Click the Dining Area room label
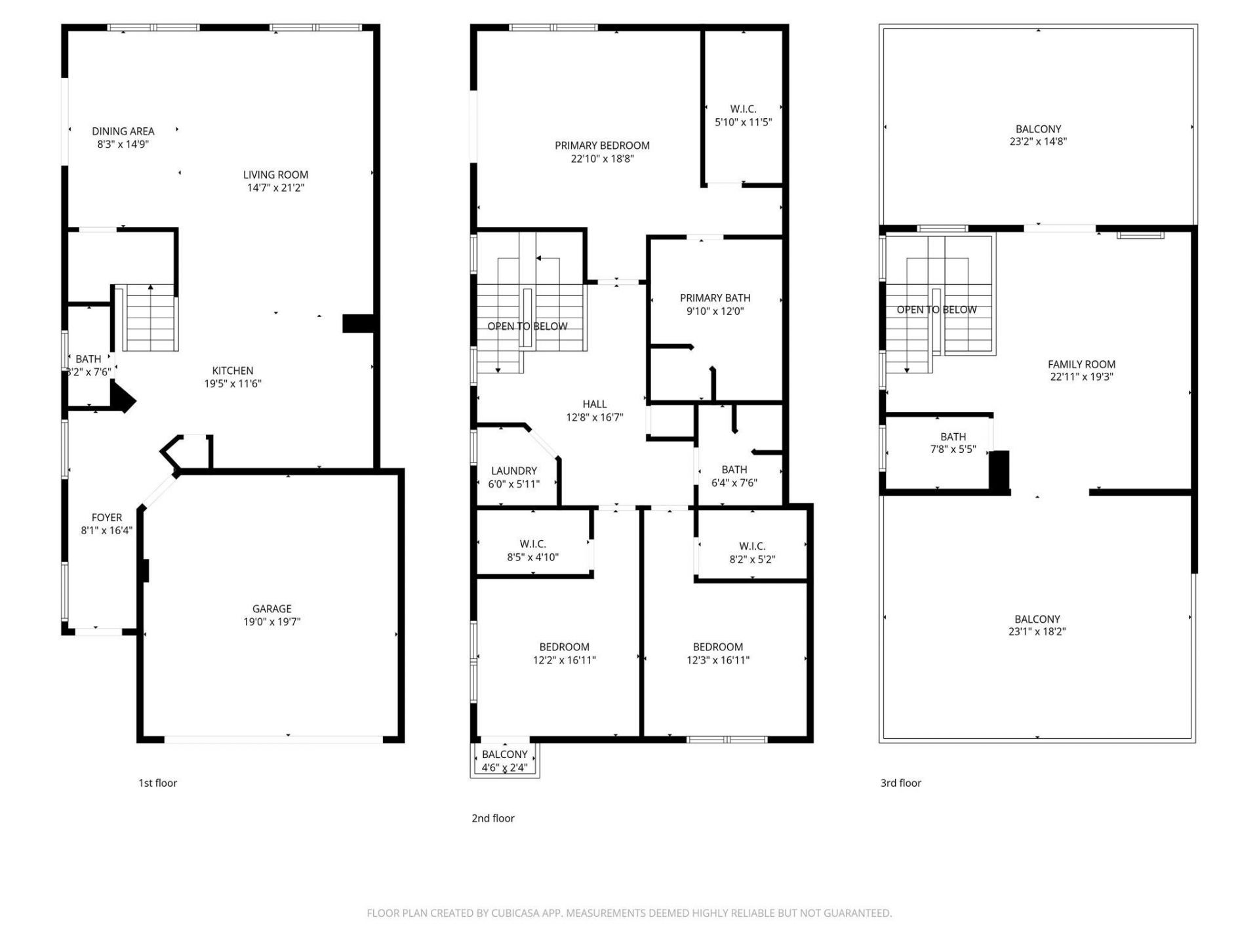[x=123, y=131]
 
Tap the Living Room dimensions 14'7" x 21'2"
[x=275, y=188]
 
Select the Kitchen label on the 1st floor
[x=232, y=371]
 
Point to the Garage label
[x=271, y=609]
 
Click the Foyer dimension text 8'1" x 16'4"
[x=106, y=530]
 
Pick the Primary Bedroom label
[x=602, y=146]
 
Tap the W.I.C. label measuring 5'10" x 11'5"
[x=743, y=109]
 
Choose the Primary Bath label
[x=715, y=298]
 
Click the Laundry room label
[x=513, y=471]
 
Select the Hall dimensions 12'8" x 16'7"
[x=594, y=417]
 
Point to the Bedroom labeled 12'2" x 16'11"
[x=564, y=647]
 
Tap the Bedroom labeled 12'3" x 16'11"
[x=717, y=647]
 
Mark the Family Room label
[x=1081, y=364]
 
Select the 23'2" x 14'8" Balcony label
[x=1038, y=129]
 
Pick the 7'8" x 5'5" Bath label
[x=953, y=437]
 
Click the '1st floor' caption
[x=157, y=783]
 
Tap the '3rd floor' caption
[x=900, y=783]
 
